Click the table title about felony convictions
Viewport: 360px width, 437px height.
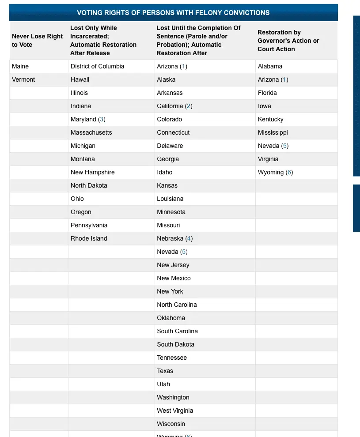pos(173,13)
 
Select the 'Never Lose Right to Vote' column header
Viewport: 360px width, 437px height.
pos(38,41)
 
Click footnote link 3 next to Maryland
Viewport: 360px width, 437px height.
pos(102,119)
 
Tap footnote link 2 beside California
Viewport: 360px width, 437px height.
pos(189,106)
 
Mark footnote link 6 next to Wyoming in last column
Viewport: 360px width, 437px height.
pos(289,172)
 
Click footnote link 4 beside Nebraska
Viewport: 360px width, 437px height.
pos(189,238)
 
